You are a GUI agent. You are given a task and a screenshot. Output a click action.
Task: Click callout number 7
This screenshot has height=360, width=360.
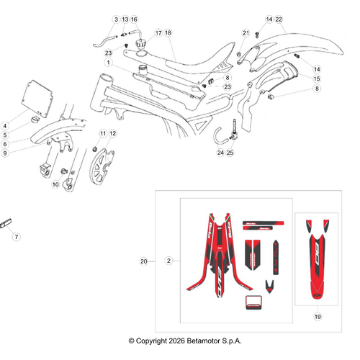[18, 236]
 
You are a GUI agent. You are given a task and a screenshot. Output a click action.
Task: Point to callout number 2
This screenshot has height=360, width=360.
[168, 261]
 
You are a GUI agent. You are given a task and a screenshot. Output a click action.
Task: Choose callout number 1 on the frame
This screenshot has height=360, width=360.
[108, 63]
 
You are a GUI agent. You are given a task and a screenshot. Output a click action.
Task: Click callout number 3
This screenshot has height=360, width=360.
[115, 19]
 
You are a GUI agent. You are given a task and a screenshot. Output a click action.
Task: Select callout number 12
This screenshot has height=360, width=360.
[112, 134]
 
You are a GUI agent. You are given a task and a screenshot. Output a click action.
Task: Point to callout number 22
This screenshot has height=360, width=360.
[279, 19]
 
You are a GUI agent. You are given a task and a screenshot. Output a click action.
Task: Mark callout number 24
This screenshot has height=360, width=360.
[220, 153]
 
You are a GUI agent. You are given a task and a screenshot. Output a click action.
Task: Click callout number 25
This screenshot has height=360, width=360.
[230, 153]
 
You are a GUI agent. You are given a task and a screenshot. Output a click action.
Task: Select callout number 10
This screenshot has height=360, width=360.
[55, 184]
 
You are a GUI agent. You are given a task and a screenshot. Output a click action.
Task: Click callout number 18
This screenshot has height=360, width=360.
[168, 33]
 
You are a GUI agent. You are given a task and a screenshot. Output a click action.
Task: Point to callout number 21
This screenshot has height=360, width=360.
[246, 33]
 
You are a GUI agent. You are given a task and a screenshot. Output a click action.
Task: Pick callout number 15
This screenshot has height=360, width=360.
[317, 78]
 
